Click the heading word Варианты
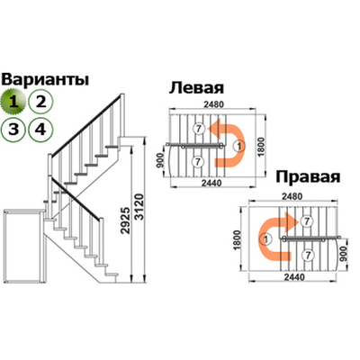click(x=45, y=79)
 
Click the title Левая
click(x=196, y=89)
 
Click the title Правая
click(x=306, y=175)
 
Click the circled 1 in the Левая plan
click(x=238, y=148)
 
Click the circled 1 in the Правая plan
click(x=265, y=240)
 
